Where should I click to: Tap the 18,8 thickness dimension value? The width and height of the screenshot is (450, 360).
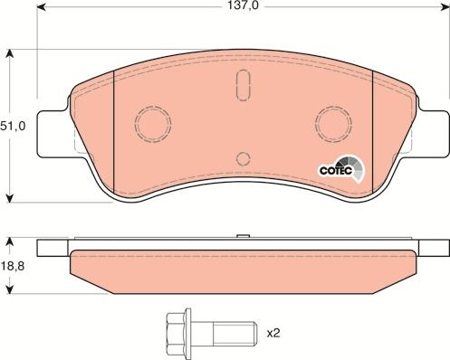click(14, 266)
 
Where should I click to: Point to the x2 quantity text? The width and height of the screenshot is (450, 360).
click(273, 333)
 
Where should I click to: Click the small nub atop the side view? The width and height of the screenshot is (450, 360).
click(242, 238)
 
